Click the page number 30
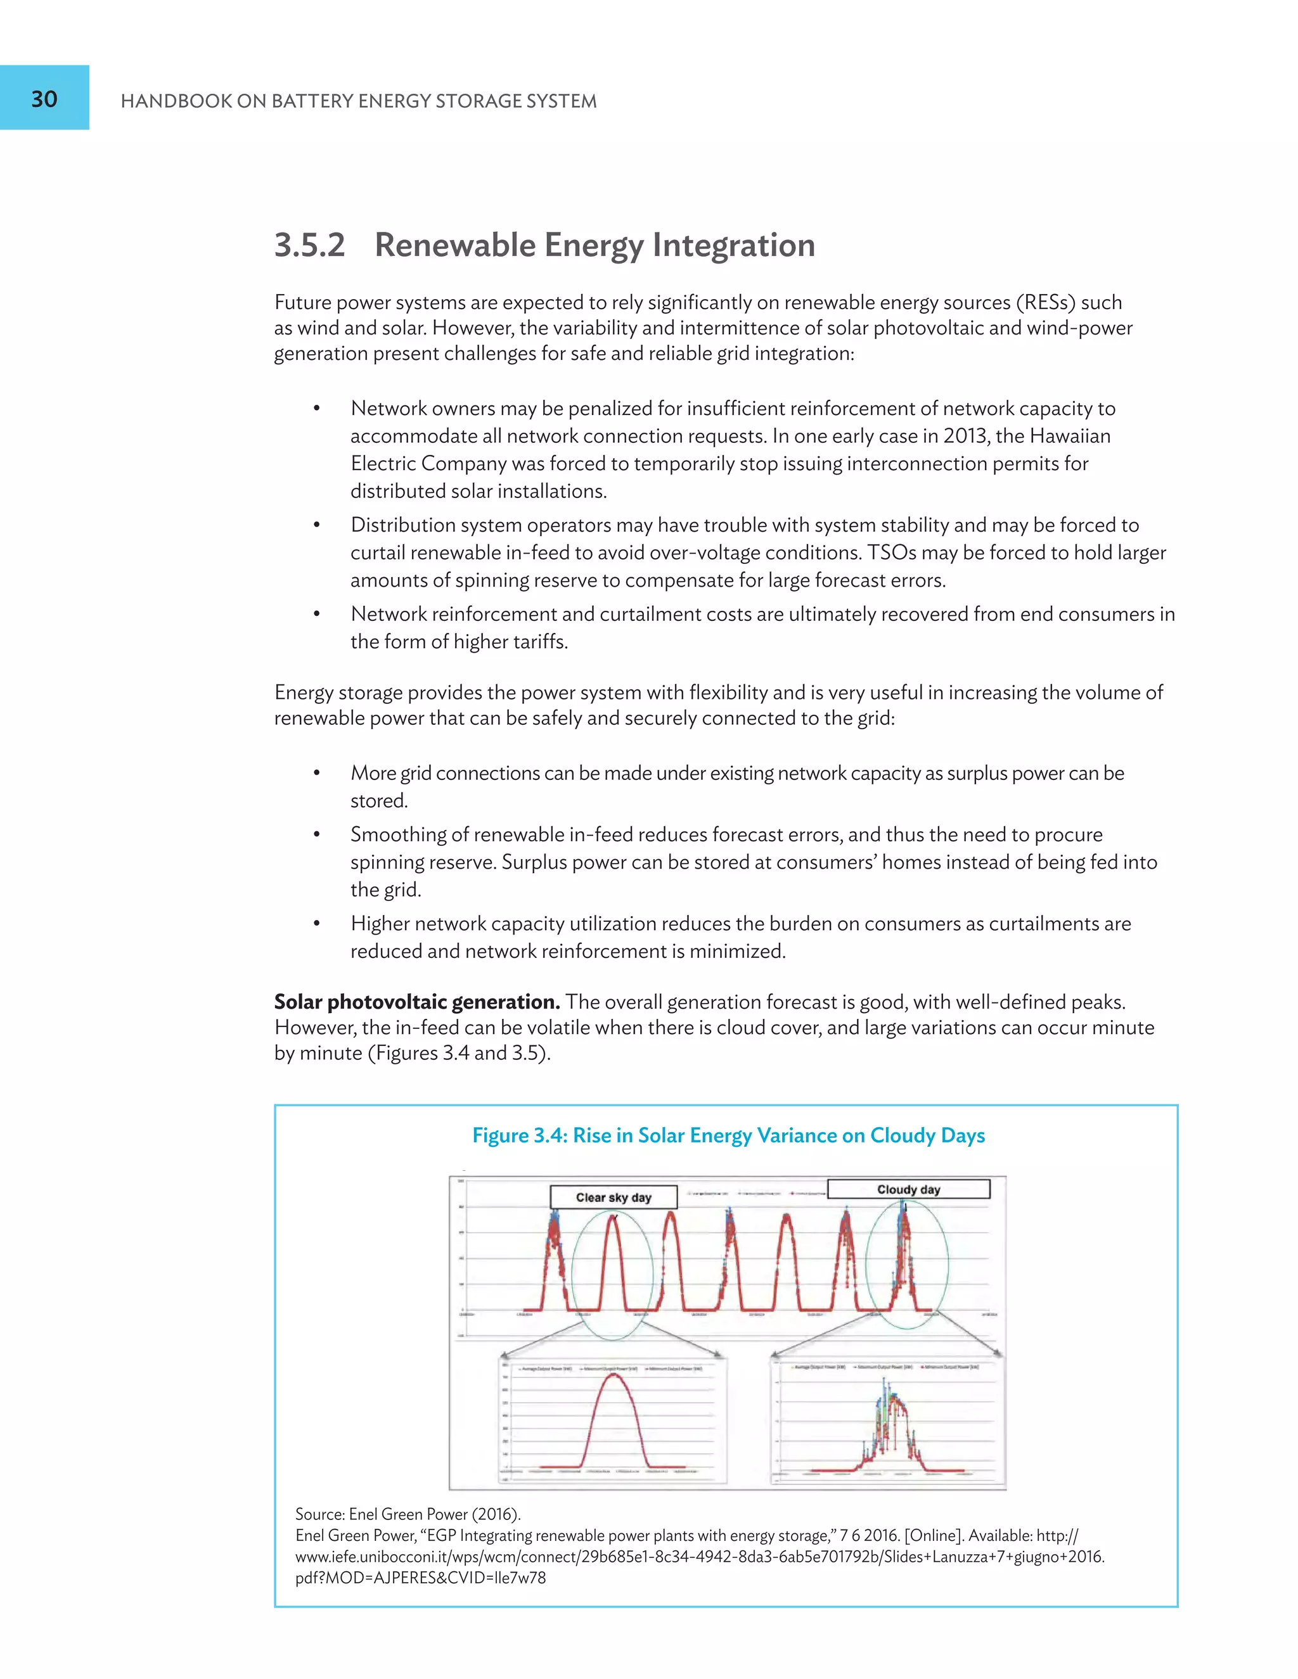44,98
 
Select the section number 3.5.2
310,245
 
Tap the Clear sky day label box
613,1197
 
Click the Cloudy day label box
908,1189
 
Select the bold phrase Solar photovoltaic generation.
417,1002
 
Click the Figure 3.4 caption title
728,1135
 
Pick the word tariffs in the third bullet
536,642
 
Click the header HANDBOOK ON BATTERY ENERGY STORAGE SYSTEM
358,101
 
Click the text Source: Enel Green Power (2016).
408,1514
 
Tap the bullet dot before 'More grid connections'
316,774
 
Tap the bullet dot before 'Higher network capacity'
316,924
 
